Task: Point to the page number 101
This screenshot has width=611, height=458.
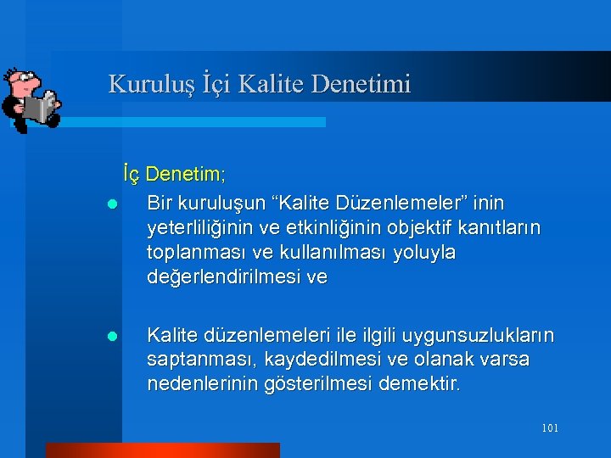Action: [x=549, y=428]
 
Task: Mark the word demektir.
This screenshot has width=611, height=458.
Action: [x=419, y=385]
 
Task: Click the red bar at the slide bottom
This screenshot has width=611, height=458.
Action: [x=162, y=450]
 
